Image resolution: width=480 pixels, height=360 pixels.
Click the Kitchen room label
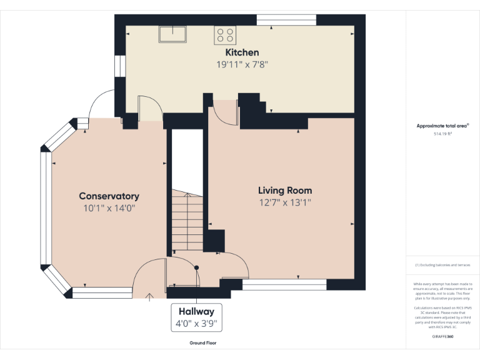pos(242,52)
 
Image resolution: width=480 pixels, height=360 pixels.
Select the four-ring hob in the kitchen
pos(225,34)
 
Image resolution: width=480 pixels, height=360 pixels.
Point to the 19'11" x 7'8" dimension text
pos(242,64)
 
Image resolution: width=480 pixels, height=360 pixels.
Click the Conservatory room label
pos(109,196)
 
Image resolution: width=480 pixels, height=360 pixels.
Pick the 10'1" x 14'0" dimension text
pos(109,208)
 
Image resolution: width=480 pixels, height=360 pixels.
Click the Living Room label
pos(285,191)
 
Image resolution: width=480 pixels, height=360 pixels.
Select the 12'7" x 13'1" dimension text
pos(285,202)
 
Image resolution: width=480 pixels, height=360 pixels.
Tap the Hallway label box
pos(196,311)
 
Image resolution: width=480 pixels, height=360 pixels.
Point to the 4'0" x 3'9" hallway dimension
pos(196,324)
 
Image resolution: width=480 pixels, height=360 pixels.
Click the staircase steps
pos(187,222)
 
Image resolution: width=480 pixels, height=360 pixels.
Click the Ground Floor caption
pos(202,343)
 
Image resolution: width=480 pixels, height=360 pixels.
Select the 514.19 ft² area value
pos(442,134)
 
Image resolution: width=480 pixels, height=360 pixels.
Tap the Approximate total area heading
pos(442,126)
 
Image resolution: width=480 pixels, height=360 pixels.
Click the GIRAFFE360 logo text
pos(442,337)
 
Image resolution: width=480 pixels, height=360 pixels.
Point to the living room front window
pos(284,285)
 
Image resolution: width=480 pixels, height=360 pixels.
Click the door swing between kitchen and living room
pos(224,112)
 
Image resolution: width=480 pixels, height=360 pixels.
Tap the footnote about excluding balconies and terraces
pos(442,266)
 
